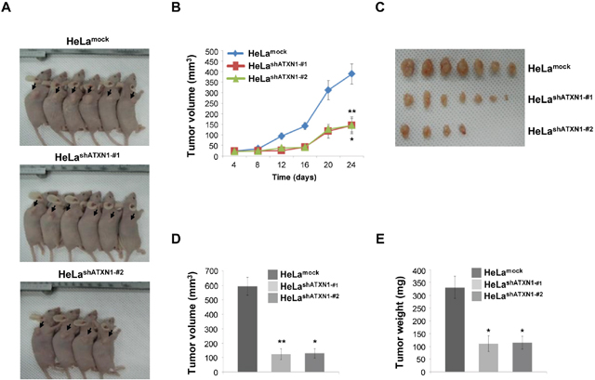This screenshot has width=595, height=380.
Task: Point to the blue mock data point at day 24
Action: pos(352,73)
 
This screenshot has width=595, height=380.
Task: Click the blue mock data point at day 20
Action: pos(328,90)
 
